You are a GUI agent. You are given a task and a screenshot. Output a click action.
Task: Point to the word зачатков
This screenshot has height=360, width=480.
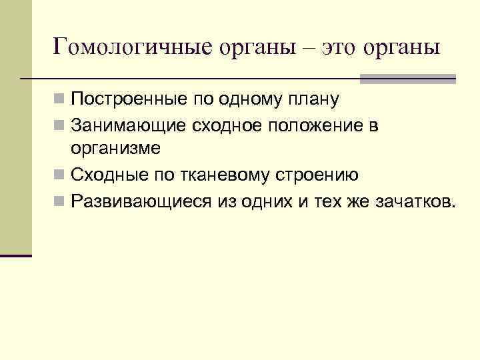(x=416, y=201)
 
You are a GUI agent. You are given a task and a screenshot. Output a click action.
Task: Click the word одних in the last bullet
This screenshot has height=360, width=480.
(x=258, y=201)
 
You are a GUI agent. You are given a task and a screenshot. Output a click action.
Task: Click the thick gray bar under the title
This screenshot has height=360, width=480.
(x=407, y=79)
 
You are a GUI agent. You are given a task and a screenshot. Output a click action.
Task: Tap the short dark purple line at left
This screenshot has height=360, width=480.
(x=16, y=255)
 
